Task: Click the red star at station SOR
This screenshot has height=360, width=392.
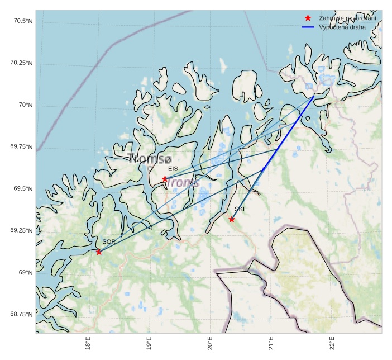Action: pyautogui.click(x=99, y=252)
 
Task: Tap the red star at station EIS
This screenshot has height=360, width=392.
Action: pyautogui.click(x=165, y=179)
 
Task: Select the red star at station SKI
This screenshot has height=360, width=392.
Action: pyautogui.click(x=232, y=219)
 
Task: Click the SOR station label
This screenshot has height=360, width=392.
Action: pyautogui.click(x=109, y=241)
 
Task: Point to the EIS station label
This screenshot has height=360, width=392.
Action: pyautogui.click(x=173, y=168)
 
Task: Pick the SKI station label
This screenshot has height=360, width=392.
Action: pyautogui.click(x=240, y=209)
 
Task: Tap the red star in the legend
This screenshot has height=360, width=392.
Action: pyautogui.click(x=308, y=18)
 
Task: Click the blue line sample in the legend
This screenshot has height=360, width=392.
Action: pyautogui.click(x=308, y=27)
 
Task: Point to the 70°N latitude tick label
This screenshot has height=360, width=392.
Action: pyautogui.click(x=26, y=105)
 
